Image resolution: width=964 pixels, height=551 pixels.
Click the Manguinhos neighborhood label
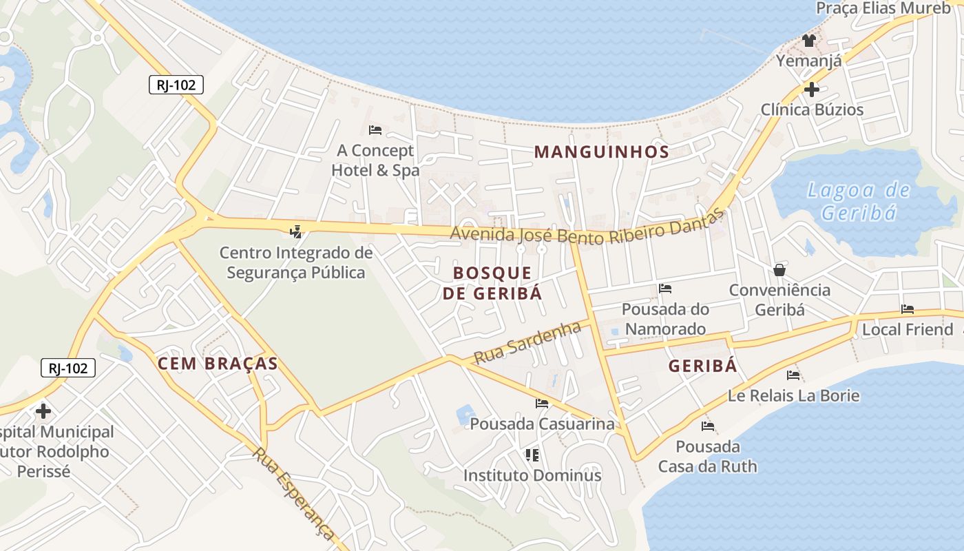pyautogui.click(x=602, y=152)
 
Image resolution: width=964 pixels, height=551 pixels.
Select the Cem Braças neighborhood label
pyautogui.click(x=218, y=364)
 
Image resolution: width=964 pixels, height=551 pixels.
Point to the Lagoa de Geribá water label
pyautogui.click(x=859, y=201)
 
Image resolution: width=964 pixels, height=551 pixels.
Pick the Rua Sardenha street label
pyautogui.click(x=527, y=342)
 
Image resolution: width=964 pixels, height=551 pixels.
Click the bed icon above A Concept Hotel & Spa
pyautogui.click(x=375, y=129)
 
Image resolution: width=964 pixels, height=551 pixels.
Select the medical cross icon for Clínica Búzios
pyautogui.click(x=811, y=89)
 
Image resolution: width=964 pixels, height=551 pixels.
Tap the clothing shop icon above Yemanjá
pyautogui.click(x=808, y=41)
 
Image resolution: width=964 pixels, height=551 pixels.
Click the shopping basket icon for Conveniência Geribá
pyautogui.click(x=779, y=269)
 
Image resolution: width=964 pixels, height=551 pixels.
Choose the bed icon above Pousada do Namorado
pyautogui.click(x=664, y=288)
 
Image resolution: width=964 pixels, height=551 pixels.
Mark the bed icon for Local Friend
pyautogui.click(x=908, y=309)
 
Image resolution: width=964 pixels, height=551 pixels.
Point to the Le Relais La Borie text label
pyautogui.click(x=793, y=396)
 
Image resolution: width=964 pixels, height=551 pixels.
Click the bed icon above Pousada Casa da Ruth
pyautogui.click(x=707, y=426)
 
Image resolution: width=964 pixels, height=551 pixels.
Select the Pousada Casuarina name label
pyautogui.click(x=542, y=424)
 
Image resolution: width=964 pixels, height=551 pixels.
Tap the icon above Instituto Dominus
pyautogui.click(x=532, y=455)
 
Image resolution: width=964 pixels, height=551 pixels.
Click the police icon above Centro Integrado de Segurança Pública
pyautogui.click(x=296, y=232)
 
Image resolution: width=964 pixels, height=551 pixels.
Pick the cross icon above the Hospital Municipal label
pyautogui.click(x=43, y=411)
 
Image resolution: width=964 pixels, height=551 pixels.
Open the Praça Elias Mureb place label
pyautogui.click(x=883, y=8)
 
